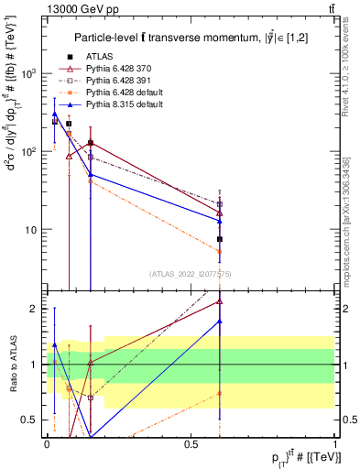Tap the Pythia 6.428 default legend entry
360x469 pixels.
click(121, 93)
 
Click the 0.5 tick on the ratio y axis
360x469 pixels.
click(32, 420)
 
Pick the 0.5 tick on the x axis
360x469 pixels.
click(191, 443)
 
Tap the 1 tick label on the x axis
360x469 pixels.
click(335, 443)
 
